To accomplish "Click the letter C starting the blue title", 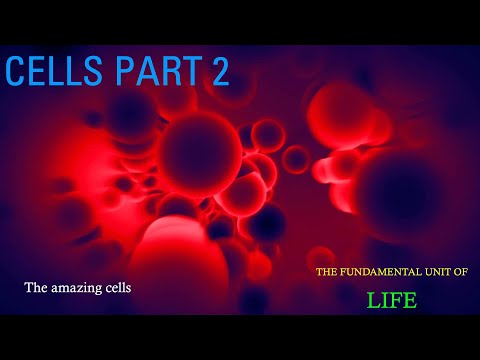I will pos(15,72).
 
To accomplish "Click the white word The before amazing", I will pos(38,287).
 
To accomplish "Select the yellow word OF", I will pos(469,272).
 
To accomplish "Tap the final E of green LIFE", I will pos(410,299).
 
